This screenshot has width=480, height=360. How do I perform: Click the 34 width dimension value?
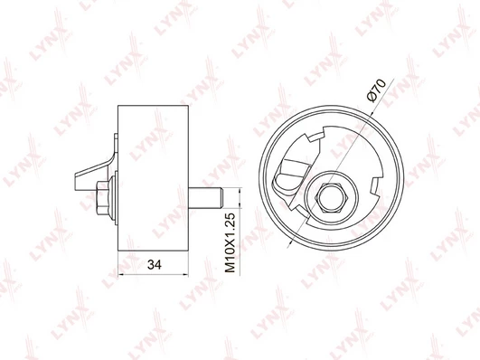pyautogui.click(x=155, y=264)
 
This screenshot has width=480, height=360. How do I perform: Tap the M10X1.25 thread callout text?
pyautogui.click(x=230, y=242)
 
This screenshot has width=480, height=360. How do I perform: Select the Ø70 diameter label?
pyautogui.click(x=376, y=90)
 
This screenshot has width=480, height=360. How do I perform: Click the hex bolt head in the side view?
pyautogui.click(x=102, y=198)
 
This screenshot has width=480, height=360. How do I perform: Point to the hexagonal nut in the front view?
pyautogui.click(x=332, y=197)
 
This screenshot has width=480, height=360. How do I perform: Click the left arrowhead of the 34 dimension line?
pyautogui.click(x=121, y=274)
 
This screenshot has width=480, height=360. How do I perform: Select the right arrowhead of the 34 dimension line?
pyautogui.click(x=185, y=274)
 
